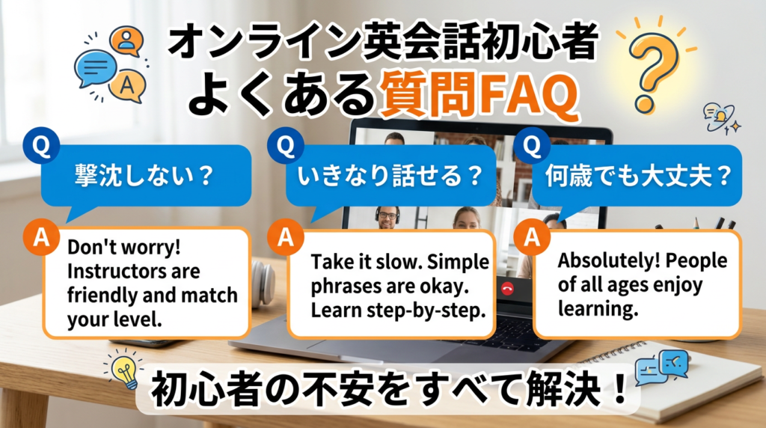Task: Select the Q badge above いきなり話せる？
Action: (x=285, y=147)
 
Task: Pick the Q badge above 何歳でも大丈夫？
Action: (x=532, y=147)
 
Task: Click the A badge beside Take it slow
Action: (x=285, y=239)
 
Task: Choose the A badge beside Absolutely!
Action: (x=532, y=238)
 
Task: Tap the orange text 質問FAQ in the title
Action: (x=479, y=97)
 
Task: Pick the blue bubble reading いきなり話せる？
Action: (x=389, y=177)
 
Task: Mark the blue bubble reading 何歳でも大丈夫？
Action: (x=635, y=177)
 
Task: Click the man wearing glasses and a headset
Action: (x=387, y=216)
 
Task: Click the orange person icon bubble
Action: (x=126, y=41)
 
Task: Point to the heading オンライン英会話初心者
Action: (x=382, y=46)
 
